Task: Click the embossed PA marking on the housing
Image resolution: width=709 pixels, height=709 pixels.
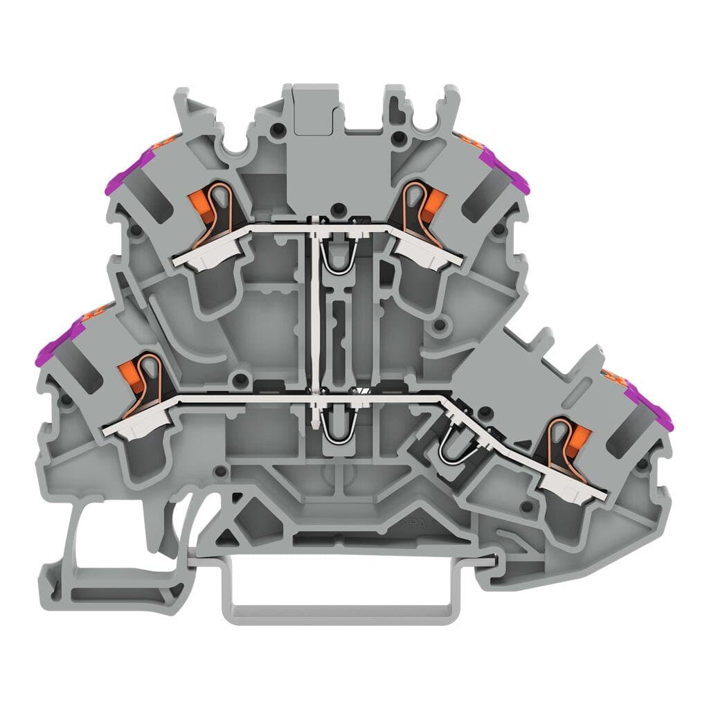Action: (413, 524)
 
